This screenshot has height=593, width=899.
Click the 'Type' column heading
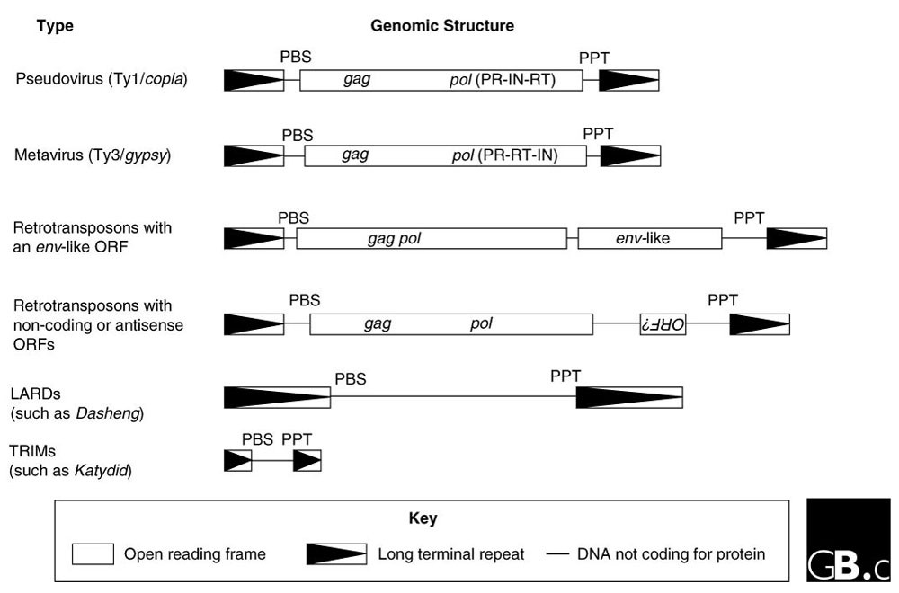coord(55,26)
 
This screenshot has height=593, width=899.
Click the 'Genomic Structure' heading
coord(442,26)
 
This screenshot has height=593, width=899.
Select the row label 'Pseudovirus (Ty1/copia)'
coord(101,80)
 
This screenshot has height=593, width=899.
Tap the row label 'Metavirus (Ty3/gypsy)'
coord(93,155)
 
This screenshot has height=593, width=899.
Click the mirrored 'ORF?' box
coord(663,323)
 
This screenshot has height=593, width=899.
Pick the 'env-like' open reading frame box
coord(649,238)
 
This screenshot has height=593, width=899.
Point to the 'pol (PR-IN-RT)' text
coord(503,80)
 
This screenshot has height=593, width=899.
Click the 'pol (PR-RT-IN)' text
coord(504,155)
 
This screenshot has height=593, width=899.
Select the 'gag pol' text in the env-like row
coord(395,238)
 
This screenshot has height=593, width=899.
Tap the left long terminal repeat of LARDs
coord(277,397)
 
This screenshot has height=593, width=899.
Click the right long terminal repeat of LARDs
coord(629,397)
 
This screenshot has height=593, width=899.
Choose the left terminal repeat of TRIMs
coord(237,460)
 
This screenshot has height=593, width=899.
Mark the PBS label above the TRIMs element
coord(257,439)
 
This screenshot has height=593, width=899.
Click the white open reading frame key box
coord(93,553)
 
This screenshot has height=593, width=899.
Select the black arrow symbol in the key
coord(336,553)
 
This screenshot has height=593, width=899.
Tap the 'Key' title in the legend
coord(423,518)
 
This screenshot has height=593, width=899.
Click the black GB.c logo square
coord(848,540)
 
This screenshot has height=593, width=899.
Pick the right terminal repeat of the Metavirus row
coord(630,155)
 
